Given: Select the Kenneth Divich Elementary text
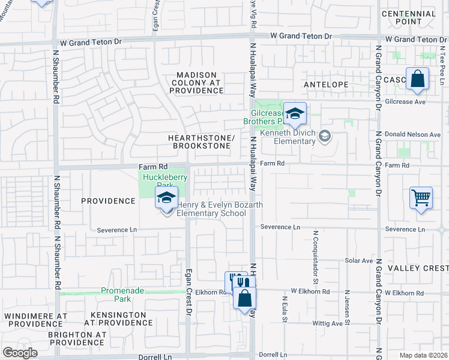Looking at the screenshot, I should click(x=288, y=137).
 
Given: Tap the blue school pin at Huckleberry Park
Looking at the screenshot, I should click(x=167, y=198).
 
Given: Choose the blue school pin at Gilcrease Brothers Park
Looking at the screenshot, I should click(x=295, y=114).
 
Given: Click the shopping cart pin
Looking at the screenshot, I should click(x=421, y=198).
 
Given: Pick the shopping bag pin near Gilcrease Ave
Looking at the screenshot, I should click(x=417, y=80).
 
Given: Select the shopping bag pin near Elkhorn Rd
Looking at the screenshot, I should click(x=245, y=298).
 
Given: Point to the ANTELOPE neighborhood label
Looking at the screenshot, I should click(x=326, y=85).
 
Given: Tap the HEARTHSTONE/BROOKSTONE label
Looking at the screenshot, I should click(x=201, y=142).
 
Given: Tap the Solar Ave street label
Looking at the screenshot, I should click(x=359, y=261).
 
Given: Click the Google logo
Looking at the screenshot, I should click(x=20, y=353).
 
